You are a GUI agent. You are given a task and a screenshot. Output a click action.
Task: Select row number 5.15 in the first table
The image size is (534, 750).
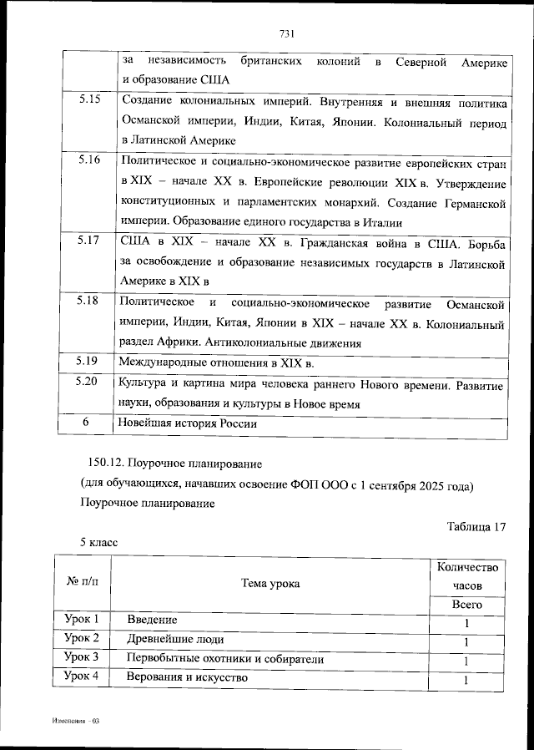(x=89, y=101)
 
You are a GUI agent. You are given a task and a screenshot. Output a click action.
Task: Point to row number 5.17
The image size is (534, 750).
(x=88, y=241)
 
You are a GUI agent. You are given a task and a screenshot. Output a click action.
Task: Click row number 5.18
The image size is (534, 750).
(x=88, y=301)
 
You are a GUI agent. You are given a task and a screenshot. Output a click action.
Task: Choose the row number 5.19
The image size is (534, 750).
(x=88, y=362)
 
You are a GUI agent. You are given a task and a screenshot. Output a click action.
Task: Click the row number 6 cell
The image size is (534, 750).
(x=85, y=423)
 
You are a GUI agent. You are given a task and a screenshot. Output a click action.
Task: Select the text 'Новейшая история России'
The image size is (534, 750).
(x=187, y=423)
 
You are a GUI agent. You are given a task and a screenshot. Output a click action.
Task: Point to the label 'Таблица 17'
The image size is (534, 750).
(x=476, y=526)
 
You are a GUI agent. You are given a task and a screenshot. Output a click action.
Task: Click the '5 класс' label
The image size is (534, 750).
(x=98, y=543)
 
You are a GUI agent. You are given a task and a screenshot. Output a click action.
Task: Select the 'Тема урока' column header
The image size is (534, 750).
(x=270, y=584)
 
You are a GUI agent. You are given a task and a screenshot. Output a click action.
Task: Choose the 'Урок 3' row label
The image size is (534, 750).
(x=82, y=657)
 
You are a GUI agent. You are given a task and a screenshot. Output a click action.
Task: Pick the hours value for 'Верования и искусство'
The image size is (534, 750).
(x=466, y=681)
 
